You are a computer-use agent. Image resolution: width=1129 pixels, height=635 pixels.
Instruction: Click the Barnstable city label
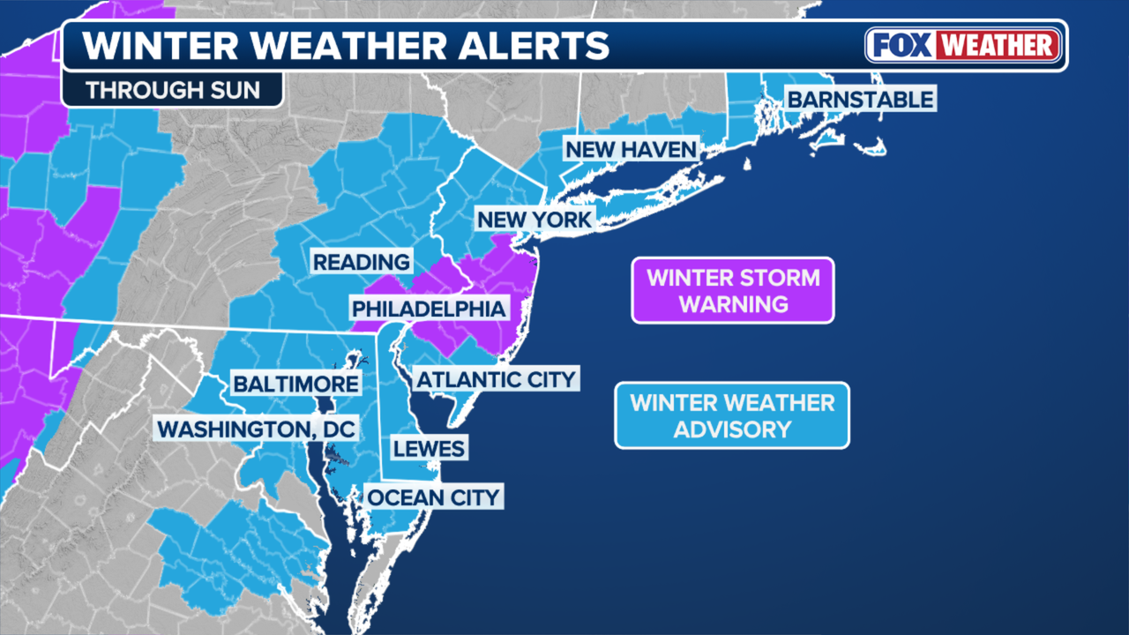click(859, 98)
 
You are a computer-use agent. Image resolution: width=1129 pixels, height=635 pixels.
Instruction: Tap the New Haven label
click(631, 149)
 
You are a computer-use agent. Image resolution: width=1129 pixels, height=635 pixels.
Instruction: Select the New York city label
click(533, 219)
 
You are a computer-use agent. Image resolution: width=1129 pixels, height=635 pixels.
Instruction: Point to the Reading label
click(362, 262)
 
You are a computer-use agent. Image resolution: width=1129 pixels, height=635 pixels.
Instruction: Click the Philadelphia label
click(429, 309)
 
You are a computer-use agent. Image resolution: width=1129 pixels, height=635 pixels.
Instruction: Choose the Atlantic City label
click(496, 380)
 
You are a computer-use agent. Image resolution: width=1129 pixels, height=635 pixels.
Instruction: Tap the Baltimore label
click(295, 384)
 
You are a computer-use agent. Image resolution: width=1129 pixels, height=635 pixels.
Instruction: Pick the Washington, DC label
click(256, 430)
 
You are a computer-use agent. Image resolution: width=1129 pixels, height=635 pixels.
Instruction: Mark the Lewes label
click(429, 448)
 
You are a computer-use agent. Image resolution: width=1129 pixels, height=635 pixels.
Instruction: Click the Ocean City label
click(434, 497)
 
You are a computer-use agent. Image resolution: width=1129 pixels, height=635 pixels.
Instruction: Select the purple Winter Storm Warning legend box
click(732, 291)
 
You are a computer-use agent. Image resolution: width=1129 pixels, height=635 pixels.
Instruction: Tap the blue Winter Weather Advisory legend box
click(732, 415)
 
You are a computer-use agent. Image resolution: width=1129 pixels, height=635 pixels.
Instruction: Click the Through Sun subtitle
click(173, 91)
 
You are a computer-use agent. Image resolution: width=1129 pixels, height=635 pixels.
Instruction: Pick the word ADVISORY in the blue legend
click(732, 430)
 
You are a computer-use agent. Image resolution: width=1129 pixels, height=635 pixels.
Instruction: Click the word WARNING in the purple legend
click(732, 304)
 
